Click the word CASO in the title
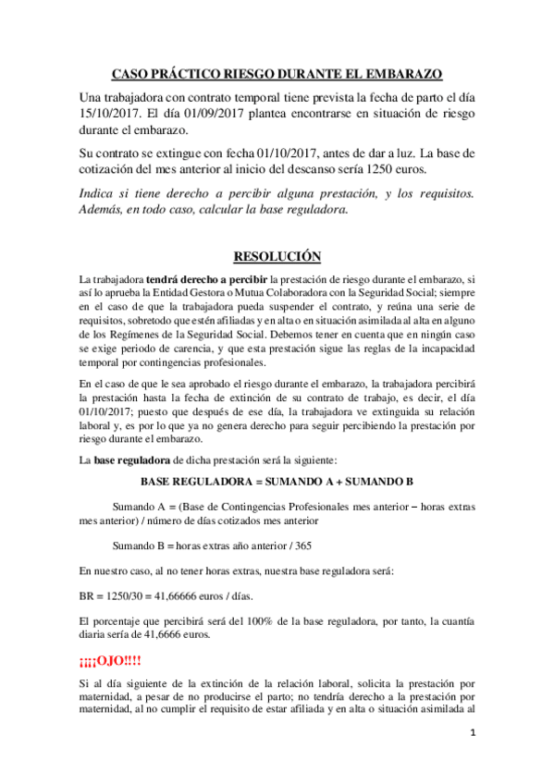131,73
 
